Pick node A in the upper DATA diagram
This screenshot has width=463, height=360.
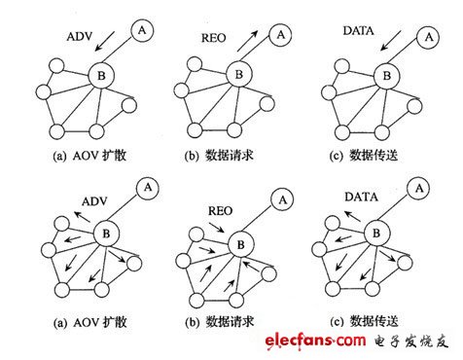[x=425, y=36]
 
